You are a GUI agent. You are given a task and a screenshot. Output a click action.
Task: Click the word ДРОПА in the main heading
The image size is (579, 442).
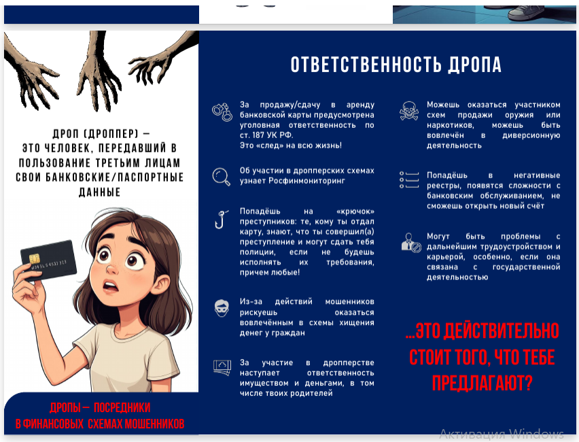click(x=475, y=65)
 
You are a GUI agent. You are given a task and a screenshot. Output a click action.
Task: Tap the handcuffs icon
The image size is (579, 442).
click(x=222, y=112)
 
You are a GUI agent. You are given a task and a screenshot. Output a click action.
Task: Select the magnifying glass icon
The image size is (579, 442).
click(x=221, y=177)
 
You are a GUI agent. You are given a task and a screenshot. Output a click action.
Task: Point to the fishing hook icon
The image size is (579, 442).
click(x=220, y=220)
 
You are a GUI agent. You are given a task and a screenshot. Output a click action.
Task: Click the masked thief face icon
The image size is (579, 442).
click(x=222, y=308)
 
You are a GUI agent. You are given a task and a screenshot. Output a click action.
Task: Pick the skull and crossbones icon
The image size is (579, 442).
click(x=409, y=111)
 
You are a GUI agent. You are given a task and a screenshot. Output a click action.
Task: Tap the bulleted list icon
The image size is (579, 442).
click(x=409, y=180)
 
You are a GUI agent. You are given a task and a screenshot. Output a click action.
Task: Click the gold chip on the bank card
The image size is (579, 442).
click(x=35, y=258)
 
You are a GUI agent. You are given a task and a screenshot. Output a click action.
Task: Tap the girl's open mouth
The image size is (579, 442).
click(x=109, y=286)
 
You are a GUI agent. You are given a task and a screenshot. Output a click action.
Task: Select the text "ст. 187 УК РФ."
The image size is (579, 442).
click(x=266, y=135)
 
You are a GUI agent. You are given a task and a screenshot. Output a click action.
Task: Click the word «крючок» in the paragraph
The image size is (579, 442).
click(x=355, y=211)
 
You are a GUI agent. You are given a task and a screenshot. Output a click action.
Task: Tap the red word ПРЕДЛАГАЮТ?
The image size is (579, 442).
click(x=482, y=383)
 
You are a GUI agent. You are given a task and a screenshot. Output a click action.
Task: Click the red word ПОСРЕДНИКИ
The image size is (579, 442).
click(x=122, y=407)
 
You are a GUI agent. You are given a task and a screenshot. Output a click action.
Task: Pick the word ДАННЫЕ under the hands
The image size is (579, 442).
click(x=100, y=192)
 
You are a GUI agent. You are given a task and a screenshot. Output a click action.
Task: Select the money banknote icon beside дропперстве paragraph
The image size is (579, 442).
click(x=222, y=368)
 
